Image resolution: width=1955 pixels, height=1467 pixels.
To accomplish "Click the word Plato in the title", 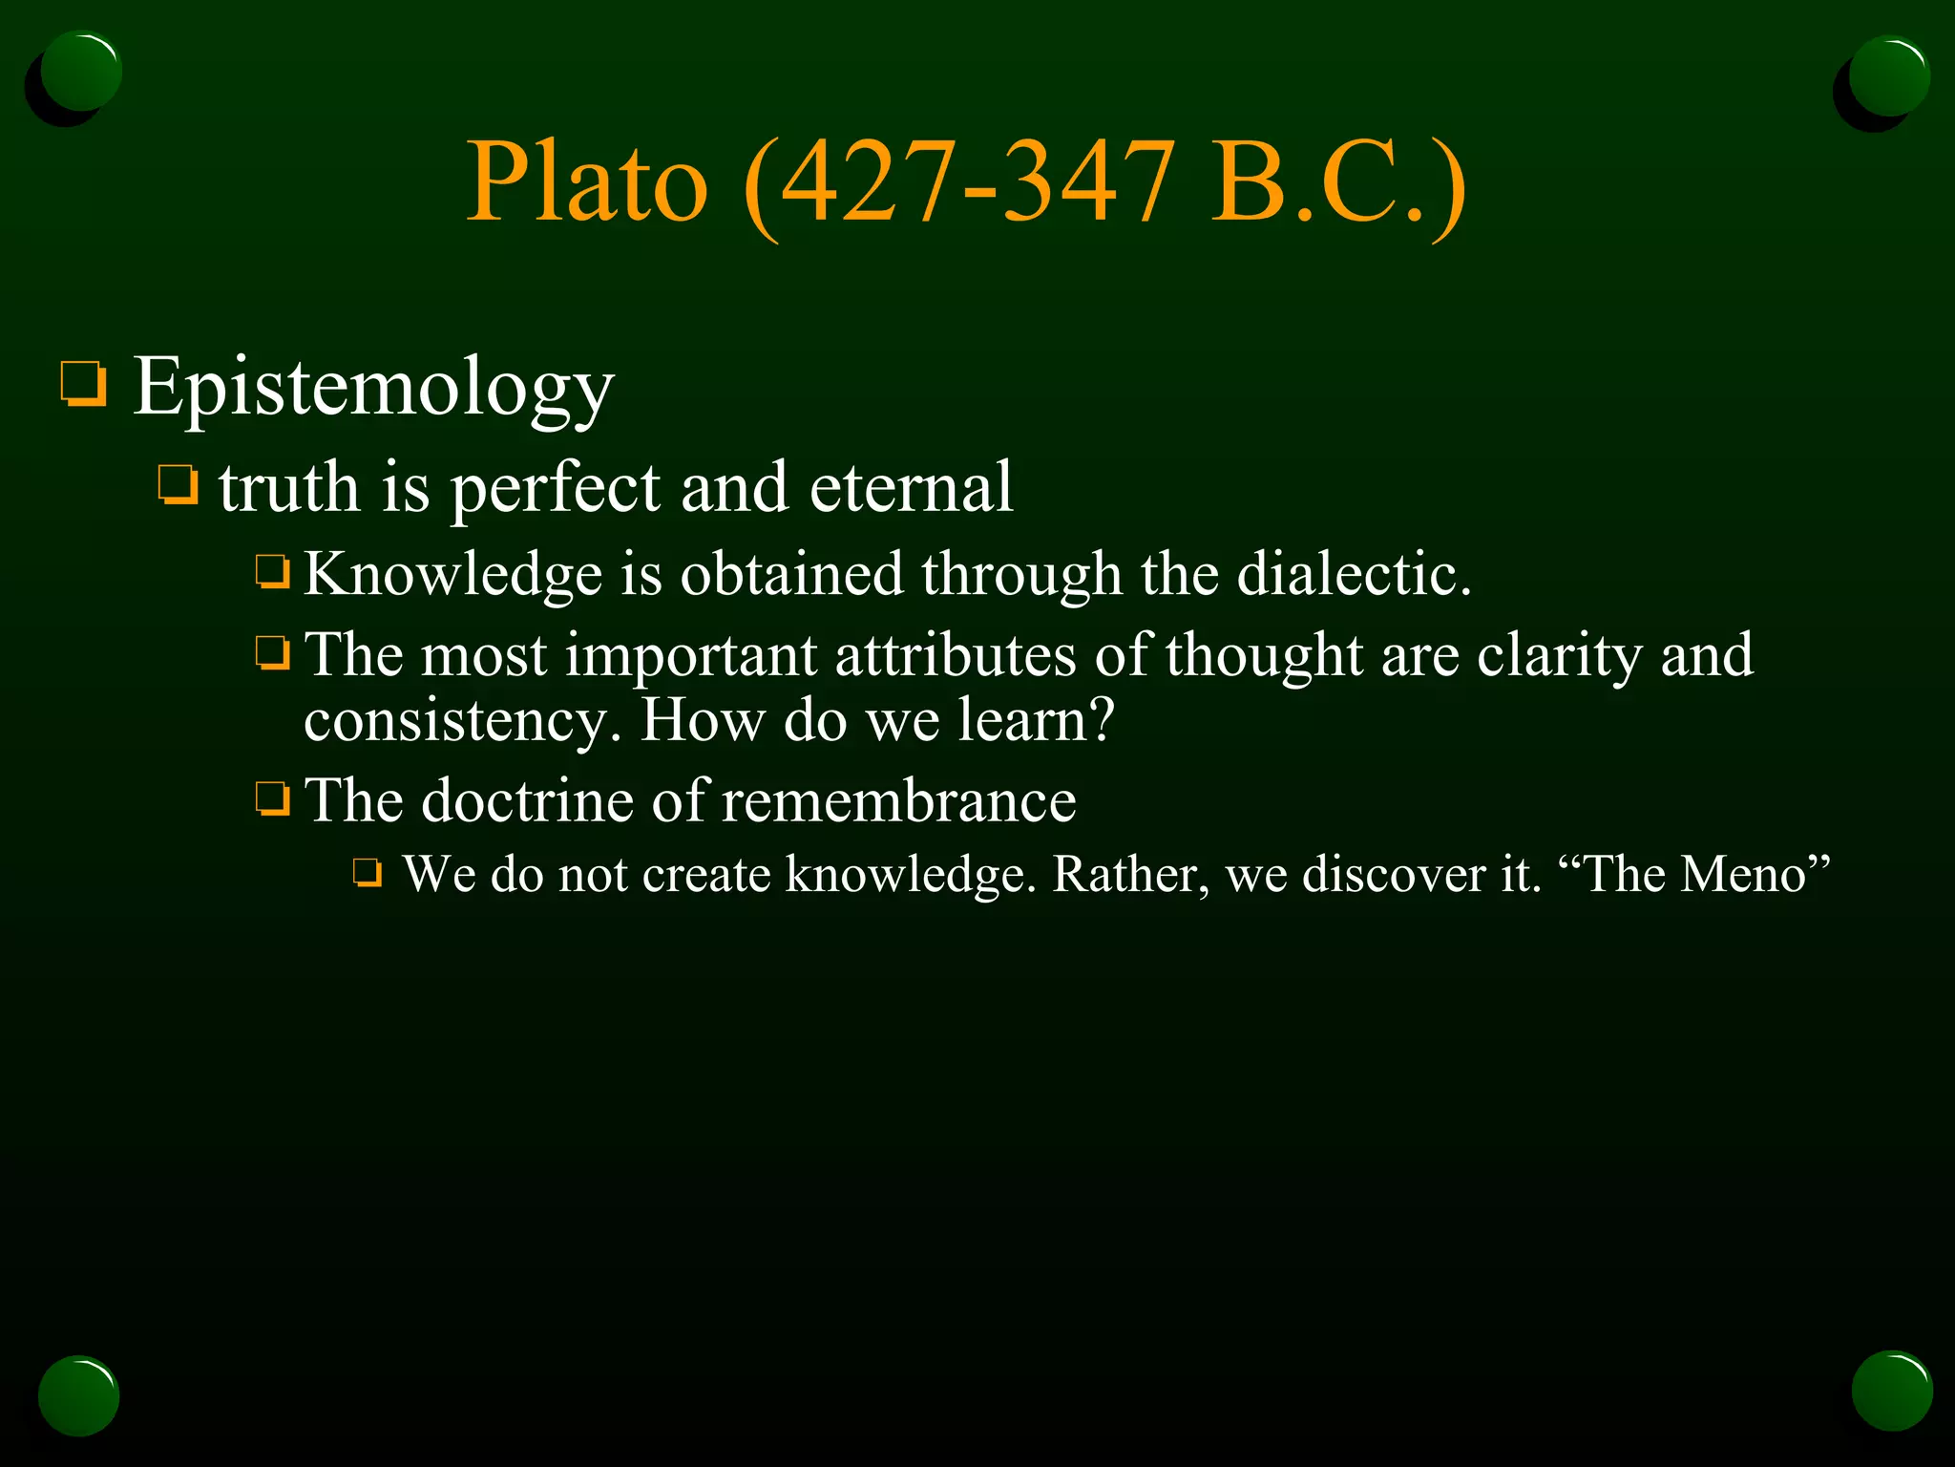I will click(586, 181).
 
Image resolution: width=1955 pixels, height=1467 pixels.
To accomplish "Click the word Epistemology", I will click(372, 387).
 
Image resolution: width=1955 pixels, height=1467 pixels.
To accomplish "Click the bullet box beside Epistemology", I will click(83, 384).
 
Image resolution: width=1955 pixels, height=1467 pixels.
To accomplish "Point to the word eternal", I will click(911, 487).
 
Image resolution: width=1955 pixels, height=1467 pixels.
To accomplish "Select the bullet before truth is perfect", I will click(178, 485).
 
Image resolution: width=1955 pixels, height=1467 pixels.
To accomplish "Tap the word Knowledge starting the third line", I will click(452, 574).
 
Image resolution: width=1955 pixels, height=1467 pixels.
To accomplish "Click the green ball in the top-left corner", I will click(80, 72).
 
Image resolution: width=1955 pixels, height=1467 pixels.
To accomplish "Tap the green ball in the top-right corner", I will click(1888, 75).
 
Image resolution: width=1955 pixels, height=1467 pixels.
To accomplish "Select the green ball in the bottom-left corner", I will click(79, 1395).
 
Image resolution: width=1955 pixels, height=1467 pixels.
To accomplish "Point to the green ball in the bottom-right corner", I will click(1892, 1391).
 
